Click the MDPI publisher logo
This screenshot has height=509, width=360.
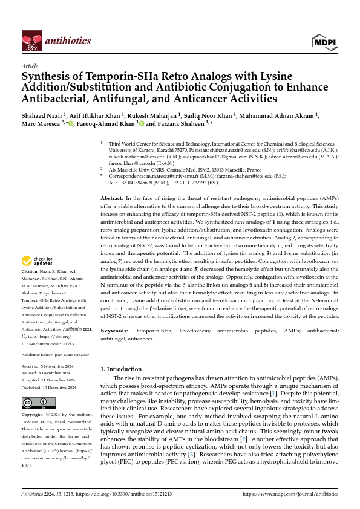[325, 41]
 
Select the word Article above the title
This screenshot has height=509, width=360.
[30, 66]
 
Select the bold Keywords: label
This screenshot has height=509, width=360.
[114, 331]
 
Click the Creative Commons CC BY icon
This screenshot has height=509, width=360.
[38, 403]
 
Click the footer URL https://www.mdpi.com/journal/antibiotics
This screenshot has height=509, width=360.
[290, 494]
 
